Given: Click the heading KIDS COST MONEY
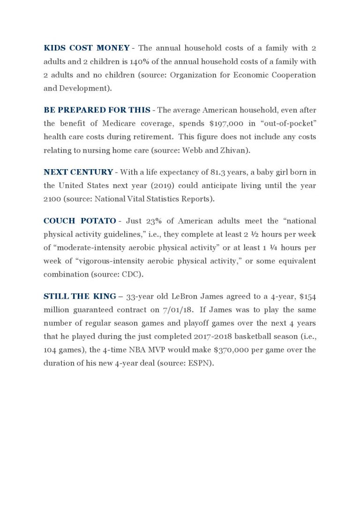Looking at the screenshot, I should tap(86, 48).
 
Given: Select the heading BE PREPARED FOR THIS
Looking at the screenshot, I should tap(97, 110).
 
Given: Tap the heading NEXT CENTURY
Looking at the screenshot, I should tap(78, 172).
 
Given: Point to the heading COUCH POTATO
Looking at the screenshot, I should tap(80, 221).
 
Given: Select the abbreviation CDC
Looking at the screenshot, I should tap(172, 274).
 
